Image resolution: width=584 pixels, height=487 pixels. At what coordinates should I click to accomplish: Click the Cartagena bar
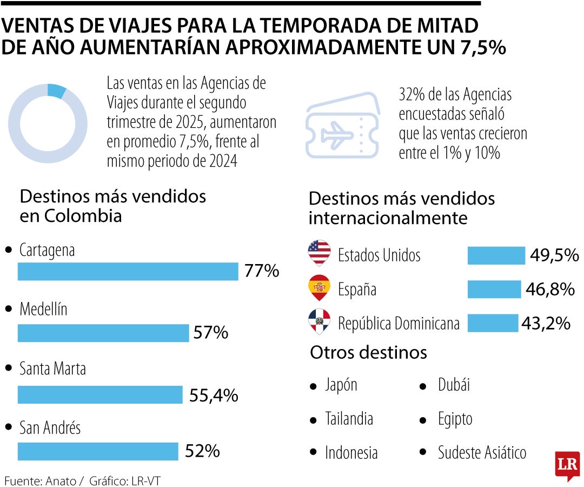128,272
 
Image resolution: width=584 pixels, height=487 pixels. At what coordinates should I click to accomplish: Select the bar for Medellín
103,333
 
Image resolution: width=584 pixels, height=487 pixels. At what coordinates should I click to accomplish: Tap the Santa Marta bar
100,394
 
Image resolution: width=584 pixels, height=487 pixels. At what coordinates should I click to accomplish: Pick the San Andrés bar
98,451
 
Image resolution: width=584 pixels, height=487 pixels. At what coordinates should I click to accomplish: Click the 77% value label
262,271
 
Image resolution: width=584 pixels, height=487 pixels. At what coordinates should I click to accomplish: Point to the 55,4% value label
214,396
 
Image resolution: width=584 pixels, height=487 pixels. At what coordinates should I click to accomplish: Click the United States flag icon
319,252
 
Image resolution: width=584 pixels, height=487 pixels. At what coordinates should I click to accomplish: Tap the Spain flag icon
319,287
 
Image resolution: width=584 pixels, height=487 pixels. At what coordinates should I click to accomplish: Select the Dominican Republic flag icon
319,321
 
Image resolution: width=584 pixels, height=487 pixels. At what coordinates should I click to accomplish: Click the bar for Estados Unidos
496,255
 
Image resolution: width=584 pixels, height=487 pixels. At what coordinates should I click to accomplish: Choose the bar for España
494,289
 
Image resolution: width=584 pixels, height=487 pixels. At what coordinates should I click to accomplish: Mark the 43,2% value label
546,324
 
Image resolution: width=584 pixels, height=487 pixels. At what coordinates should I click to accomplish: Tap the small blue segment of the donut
56,91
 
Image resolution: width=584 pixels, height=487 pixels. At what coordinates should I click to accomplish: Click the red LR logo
567,465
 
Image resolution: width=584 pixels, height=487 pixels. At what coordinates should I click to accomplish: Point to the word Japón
341,385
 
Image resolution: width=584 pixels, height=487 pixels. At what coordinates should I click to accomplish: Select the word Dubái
454,385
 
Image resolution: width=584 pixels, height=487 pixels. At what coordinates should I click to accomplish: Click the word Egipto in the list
455,419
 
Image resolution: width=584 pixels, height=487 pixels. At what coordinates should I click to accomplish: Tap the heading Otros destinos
368,353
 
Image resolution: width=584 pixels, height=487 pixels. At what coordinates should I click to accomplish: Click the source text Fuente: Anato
40,481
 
